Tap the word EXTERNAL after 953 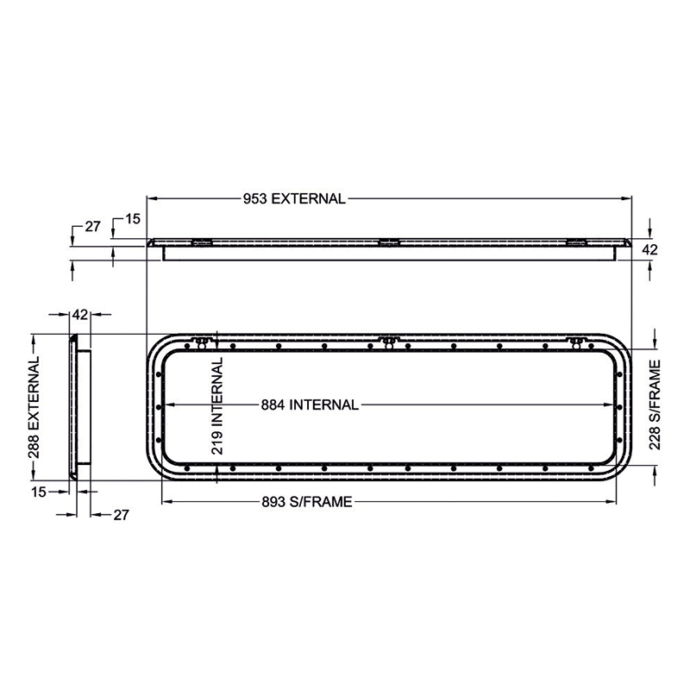308,198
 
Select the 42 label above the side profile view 79,315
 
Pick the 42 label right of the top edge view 651,250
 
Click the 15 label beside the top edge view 132,219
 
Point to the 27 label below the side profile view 121,515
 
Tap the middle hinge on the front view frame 388,342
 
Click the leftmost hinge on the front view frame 202,342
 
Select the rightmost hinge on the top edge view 574,242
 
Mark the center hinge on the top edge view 388,242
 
